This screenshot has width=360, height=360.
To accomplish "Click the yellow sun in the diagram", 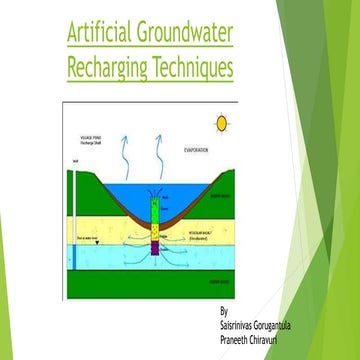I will (221, 123).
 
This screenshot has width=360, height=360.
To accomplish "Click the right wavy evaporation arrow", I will (163, 144).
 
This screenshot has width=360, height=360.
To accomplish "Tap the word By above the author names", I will (223, 310).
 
